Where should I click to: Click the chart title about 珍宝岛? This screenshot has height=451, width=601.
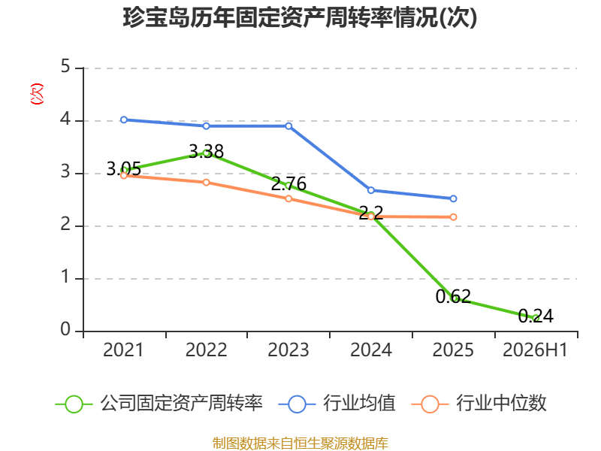pos(300,17)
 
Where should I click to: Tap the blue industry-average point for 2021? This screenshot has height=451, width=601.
pos(124,120)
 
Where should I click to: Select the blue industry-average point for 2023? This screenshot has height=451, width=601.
pos(288,126)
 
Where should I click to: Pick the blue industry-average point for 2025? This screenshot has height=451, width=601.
pos(453,198)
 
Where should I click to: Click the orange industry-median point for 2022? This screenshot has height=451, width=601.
pos(206,182)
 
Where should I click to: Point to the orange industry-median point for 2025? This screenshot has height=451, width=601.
pos(453,217)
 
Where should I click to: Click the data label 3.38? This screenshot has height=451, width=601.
pos(206,152)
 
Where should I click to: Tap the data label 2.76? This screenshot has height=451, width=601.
pos(288,183)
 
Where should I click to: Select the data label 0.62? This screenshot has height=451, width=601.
pos(453,296)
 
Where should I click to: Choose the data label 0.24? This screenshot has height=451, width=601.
pos(536,316)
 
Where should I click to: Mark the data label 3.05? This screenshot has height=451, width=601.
pos(123,168)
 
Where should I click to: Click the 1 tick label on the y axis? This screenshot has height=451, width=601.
pos(65,277)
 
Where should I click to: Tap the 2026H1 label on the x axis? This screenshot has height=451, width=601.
pos(535,350)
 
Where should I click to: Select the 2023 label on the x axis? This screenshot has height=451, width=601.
pos(288,350)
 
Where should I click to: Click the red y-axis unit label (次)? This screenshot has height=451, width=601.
pos(37,94)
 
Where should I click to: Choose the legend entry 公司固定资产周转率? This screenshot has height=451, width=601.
pos(159,404)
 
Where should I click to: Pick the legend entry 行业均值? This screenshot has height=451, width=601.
pos(337,404)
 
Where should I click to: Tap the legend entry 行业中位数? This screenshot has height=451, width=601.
pos(479,404)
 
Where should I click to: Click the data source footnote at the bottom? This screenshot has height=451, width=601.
pos(300,443)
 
